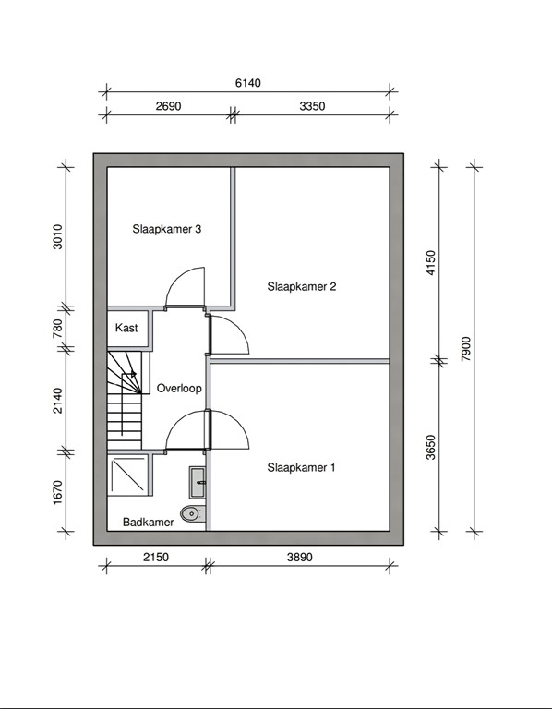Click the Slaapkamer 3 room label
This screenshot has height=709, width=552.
tap(166, 230)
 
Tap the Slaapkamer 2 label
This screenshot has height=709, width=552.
tap(301, 287)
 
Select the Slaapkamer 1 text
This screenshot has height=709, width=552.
tap(301, 468)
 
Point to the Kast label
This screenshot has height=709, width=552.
tap(126, 328)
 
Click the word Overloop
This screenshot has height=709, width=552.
tap(179, 389)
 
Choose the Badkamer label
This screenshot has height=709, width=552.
tap(148, 523)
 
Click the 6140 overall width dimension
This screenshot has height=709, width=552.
tap(248, 83)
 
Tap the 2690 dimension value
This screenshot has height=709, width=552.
tap(167, 106)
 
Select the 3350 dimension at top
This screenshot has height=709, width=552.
tap(313, 106)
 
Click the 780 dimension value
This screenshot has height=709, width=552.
tap(56, 327)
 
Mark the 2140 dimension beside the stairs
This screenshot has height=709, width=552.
tap(56, 400)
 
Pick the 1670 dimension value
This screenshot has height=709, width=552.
tap(56, 492)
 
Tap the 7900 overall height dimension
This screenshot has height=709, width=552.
tap(466, 349)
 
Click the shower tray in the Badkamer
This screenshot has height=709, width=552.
tap(128, 475)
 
